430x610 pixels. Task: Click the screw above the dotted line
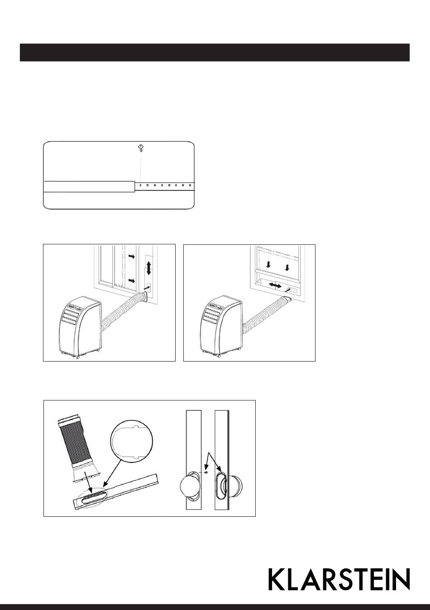pos(141,148)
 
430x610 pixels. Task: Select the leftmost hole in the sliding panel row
pos(140,186)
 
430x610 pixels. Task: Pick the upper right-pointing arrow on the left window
pos(132,257)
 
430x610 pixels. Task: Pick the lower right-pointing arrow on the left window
pos(132,281)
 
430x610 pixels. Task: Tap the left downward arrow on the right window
pos(269,264)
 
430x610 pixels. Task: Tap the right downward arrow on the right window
pos(287,268)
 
